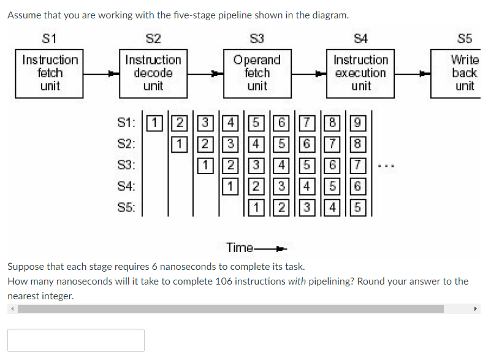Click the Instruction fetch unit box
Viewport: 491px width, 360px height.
point(50,73)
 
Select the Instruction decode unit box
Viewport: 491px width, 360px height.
point(153,73)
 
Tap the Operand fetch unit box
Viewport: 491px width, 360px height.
point(257,73)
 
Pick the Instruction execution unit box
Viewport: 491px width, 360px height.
point(360,73)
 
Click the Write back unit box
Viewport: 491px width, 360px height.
point(464,73)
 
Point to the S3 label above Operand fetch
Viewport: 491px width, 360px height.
point(257,39)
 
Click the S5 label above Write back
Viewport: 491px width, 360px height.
point(465,39)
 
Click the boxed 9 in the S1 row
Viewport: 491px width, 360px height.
point(360,123)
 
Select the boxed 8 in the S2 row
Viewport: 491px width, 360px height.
point(360,144)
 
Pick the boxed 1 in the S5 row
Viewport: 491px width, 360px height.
point(257,207)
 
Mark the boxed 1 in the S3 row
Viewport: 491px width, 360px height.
point(206,165)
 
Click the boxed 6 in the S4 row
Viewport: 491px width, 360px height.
point(360,186)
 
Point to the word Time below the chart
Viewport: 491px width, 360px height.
point(240,248)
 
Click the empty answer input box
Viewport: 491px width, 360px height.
point(76,340)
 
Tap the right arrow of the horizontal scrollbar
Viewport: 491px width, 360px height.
point(476,309)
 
